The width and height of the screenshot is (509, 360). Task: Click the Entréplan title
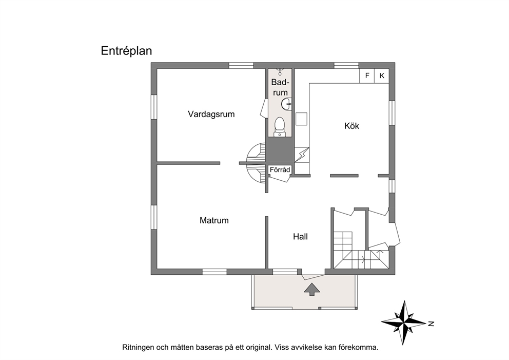(126, 51)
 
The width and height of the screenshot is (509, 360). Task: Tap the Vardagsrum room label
(211, 114)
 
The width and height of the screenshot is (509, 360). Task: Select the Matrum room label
(214, 220)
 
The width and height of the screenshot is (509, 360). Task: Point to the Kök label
(351, 126)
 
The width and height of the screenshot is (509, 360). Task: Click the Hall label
(300, 237)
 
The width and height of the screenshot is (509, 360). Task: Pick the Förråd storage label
(280, 169)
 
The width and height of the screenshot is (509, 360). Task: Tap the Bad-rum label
(280, 87)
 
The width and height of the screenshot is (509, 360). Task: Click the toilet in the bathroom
(280, 126)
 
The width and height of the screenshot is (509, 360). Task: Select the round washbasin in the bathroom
(287, 104)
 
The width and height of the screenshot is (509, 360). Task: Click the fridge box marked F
(367, 75)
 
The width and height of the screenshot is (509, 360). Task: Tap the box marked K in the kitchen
(382, 75)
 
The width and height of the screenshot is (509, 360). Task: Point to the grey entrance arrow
(311, 289)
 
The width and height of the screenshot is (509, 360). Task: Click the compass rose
(403, 323)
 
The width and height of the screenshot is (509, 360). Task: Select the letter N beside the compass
(431, 324)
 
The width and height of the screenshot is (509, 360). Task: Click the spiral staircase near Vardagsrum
(257, 163)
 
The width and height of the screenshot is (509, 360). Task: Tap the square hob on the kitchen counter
(301, 119)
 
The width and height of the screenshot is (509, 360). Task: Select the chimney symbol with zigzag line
(302, 155)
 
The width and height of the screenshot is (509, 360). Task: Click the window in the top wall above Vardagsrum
(241, 66)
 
